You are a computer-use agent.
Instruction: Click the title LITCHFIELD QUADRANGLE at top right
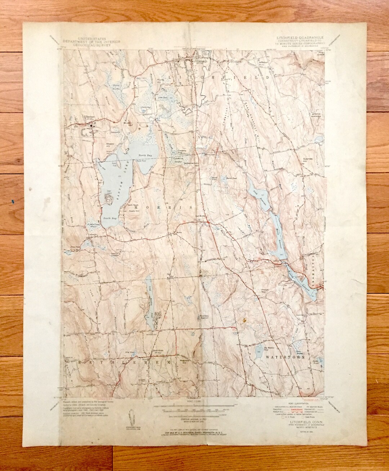click(x=300, y=37)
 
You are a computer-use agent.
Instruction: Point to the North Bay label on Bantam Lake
click(x=143, y=155)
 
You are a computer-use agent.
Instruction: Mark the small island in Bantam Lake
click(x=108, y=197)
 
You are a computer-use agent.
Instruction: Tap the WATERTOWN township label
click(x=285, y=357)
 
